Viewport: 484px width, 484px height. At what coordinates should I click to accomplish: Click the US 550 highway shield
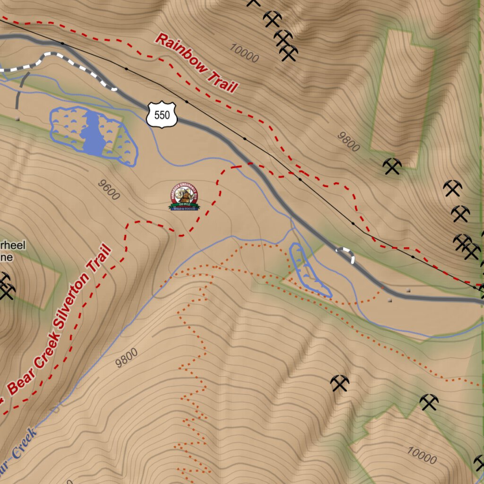click(x=162, y=114)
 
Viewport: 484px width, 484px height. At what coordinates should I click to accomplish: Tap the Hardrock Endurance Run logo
click(x=184, y=198)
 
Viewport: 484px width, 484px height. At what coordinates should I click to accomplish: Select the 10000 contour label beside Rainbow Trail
click(x=244, y=53)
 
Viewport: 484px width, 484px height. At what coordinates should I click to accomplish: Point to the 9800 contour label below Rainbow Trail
click(x=348, y=141)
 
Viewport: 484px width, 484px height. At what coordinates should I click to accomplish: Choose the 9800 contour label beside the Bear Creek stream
click(x=127, y=358)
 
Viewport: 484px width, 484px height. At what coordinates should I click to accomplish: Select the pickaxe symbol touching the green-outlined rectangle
click(x=392, y=166)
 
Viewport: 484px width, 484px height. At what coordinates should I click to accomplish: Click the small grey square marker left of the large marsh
click(x=17, y=119)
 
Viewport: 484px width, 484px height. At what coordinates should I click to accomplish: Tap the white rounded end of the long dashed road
click(x=112, y=87)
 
